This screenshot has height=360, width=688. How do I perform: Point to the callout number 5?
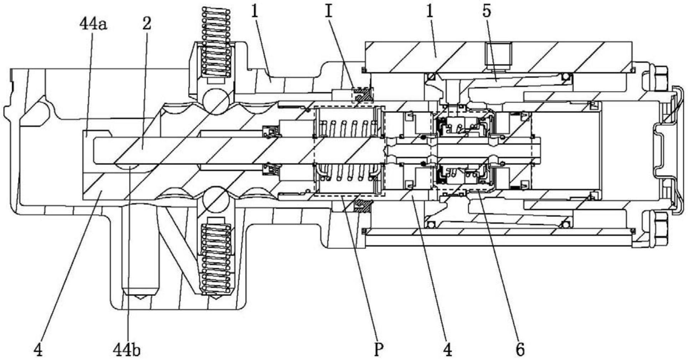(x=487, y=11)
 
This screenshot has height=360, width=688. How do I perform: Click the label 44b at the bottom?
(x=127, y=350)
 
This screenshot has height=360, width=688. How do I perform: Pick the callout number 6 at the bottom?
(x=520, y=350)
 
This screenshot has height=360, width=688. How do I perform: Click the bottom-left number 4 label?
(x=38, y=350)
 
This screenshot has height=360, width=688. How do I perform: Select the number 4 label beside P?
(x=448, y=350)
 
